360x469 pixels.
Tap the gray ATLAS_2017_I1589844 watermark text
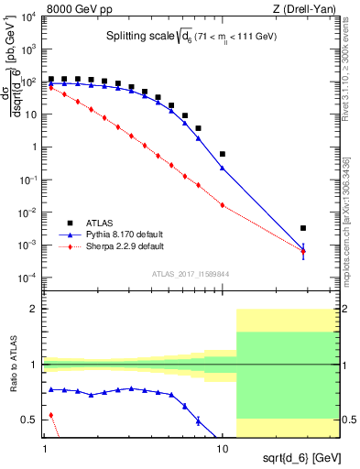pos(191,274)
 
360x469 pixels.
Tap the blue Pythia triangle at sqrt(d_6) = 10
pos(223,168)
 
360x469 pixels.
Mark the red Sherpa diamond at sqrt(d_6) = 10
pos(223,205)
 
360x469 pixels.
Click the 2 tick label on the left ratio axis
pos(37,310)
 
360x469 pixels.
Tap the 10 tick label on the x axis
pos(223,450)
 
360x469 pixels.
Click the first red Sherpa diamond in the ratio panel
pos(51,415)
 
